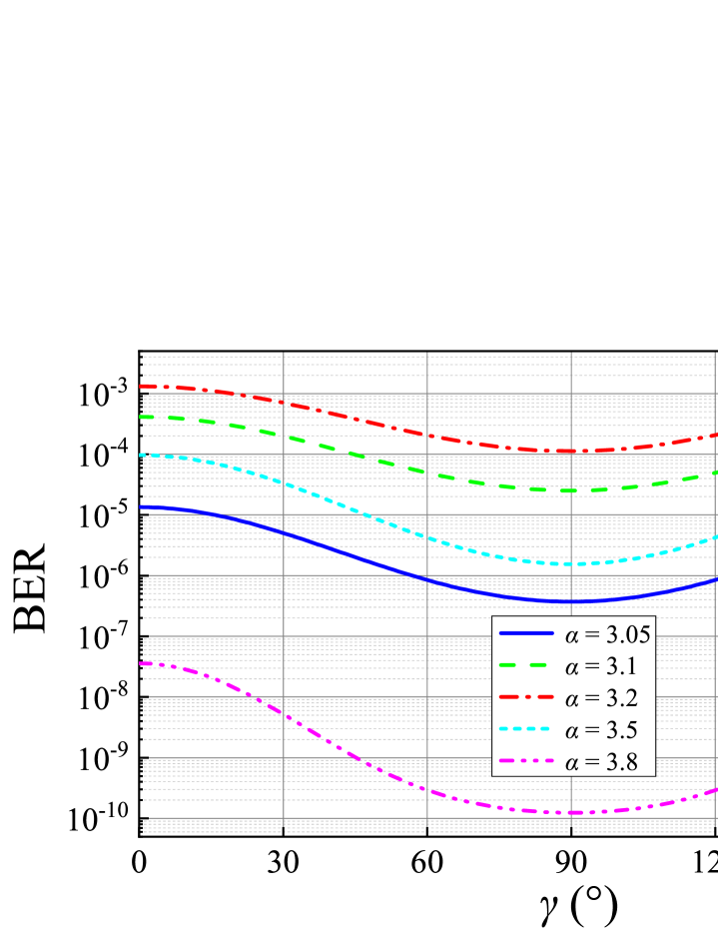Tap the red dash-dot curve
[330, 413]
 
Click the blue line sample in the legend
[525, 634]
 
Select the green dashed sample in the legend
[525, 666]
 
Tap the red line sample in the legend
[525, 698]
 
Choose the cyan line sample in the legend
[525, 730]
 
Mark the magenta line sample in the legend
[525, 762]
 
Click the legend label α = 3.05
[608, 634]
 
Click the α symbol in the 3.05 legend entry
[571, 635]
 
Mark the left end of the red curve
[143, 386]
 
